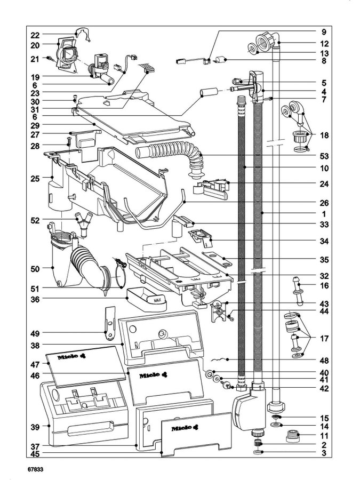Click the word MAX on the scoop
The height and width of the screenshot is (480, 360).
[x=158, y=301]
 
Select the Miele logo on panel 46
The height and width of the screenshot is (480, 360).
[x=154, y=375]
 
